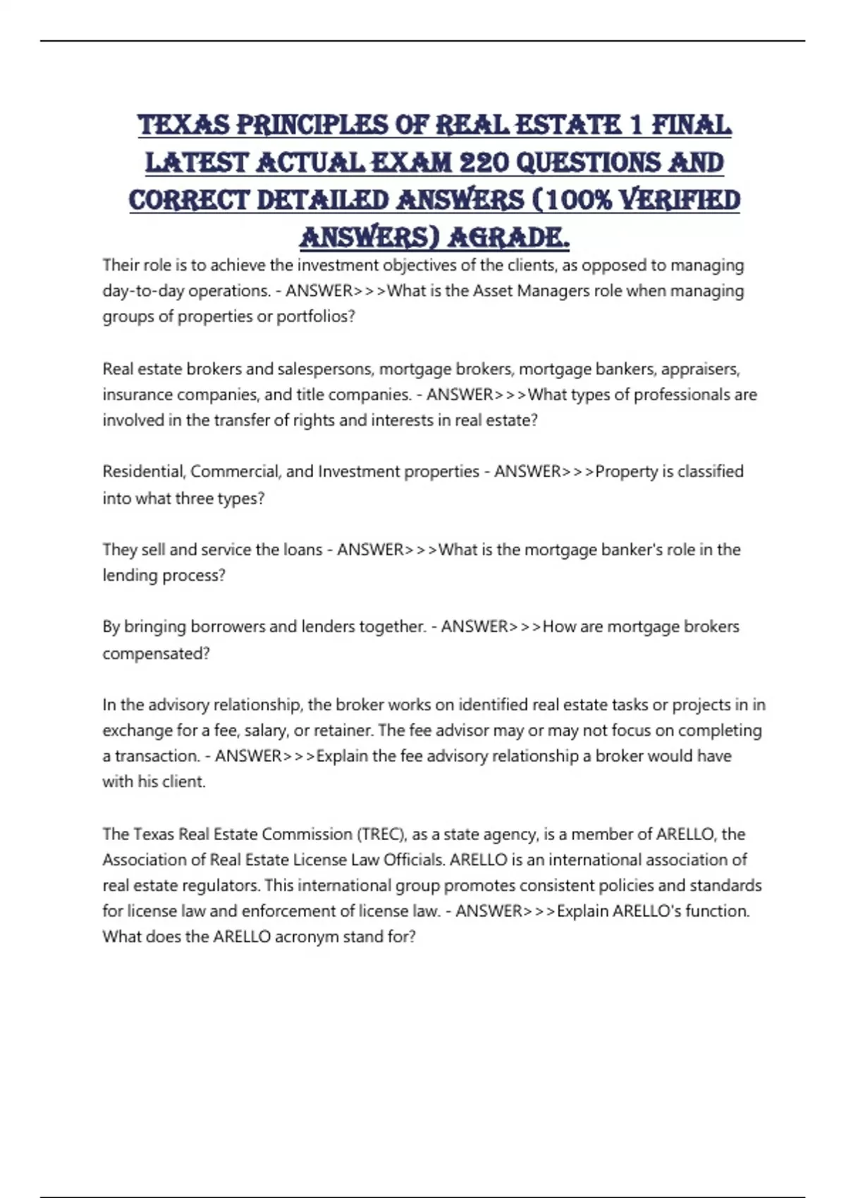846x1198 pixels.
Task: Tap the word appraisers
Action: point(700,369)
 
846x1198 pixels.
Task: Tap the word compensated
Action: point(156,653)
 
